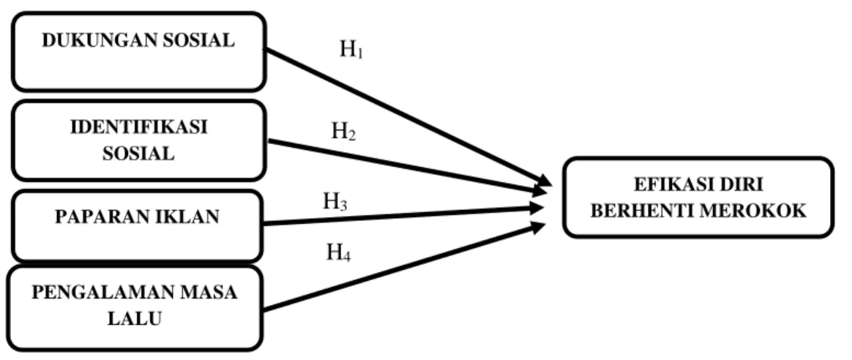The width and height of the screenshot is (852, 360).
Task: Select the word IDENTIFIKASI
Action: [x=138, y=127]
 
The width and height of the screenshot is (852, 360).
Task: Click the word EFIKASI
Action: [x=671, y=184]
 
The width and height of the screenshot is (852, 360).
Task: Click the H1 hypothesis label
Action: [x=351, y=50]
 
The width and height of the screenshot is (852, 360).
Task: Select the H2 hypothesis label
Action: [x=344, y=132]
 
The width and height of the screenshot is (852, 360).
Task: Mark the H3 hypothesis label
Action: [x=335, y=203]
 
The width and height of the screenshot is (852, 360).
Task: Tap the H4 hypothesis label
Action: [x=338, y=252]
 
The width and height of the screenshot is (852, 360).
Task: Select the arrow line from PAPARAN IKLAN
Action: [x=403, y=215]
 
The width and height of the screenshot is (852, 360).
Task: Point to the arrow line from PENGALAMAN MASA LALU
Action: [x=404, y=266]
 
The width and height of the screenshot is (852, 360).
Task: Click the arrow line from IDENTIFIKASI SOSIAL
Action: [x=408, y=168]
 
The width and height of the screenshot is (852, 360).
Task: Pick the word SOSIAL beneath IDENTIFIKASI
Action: [x=138, y=154]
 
